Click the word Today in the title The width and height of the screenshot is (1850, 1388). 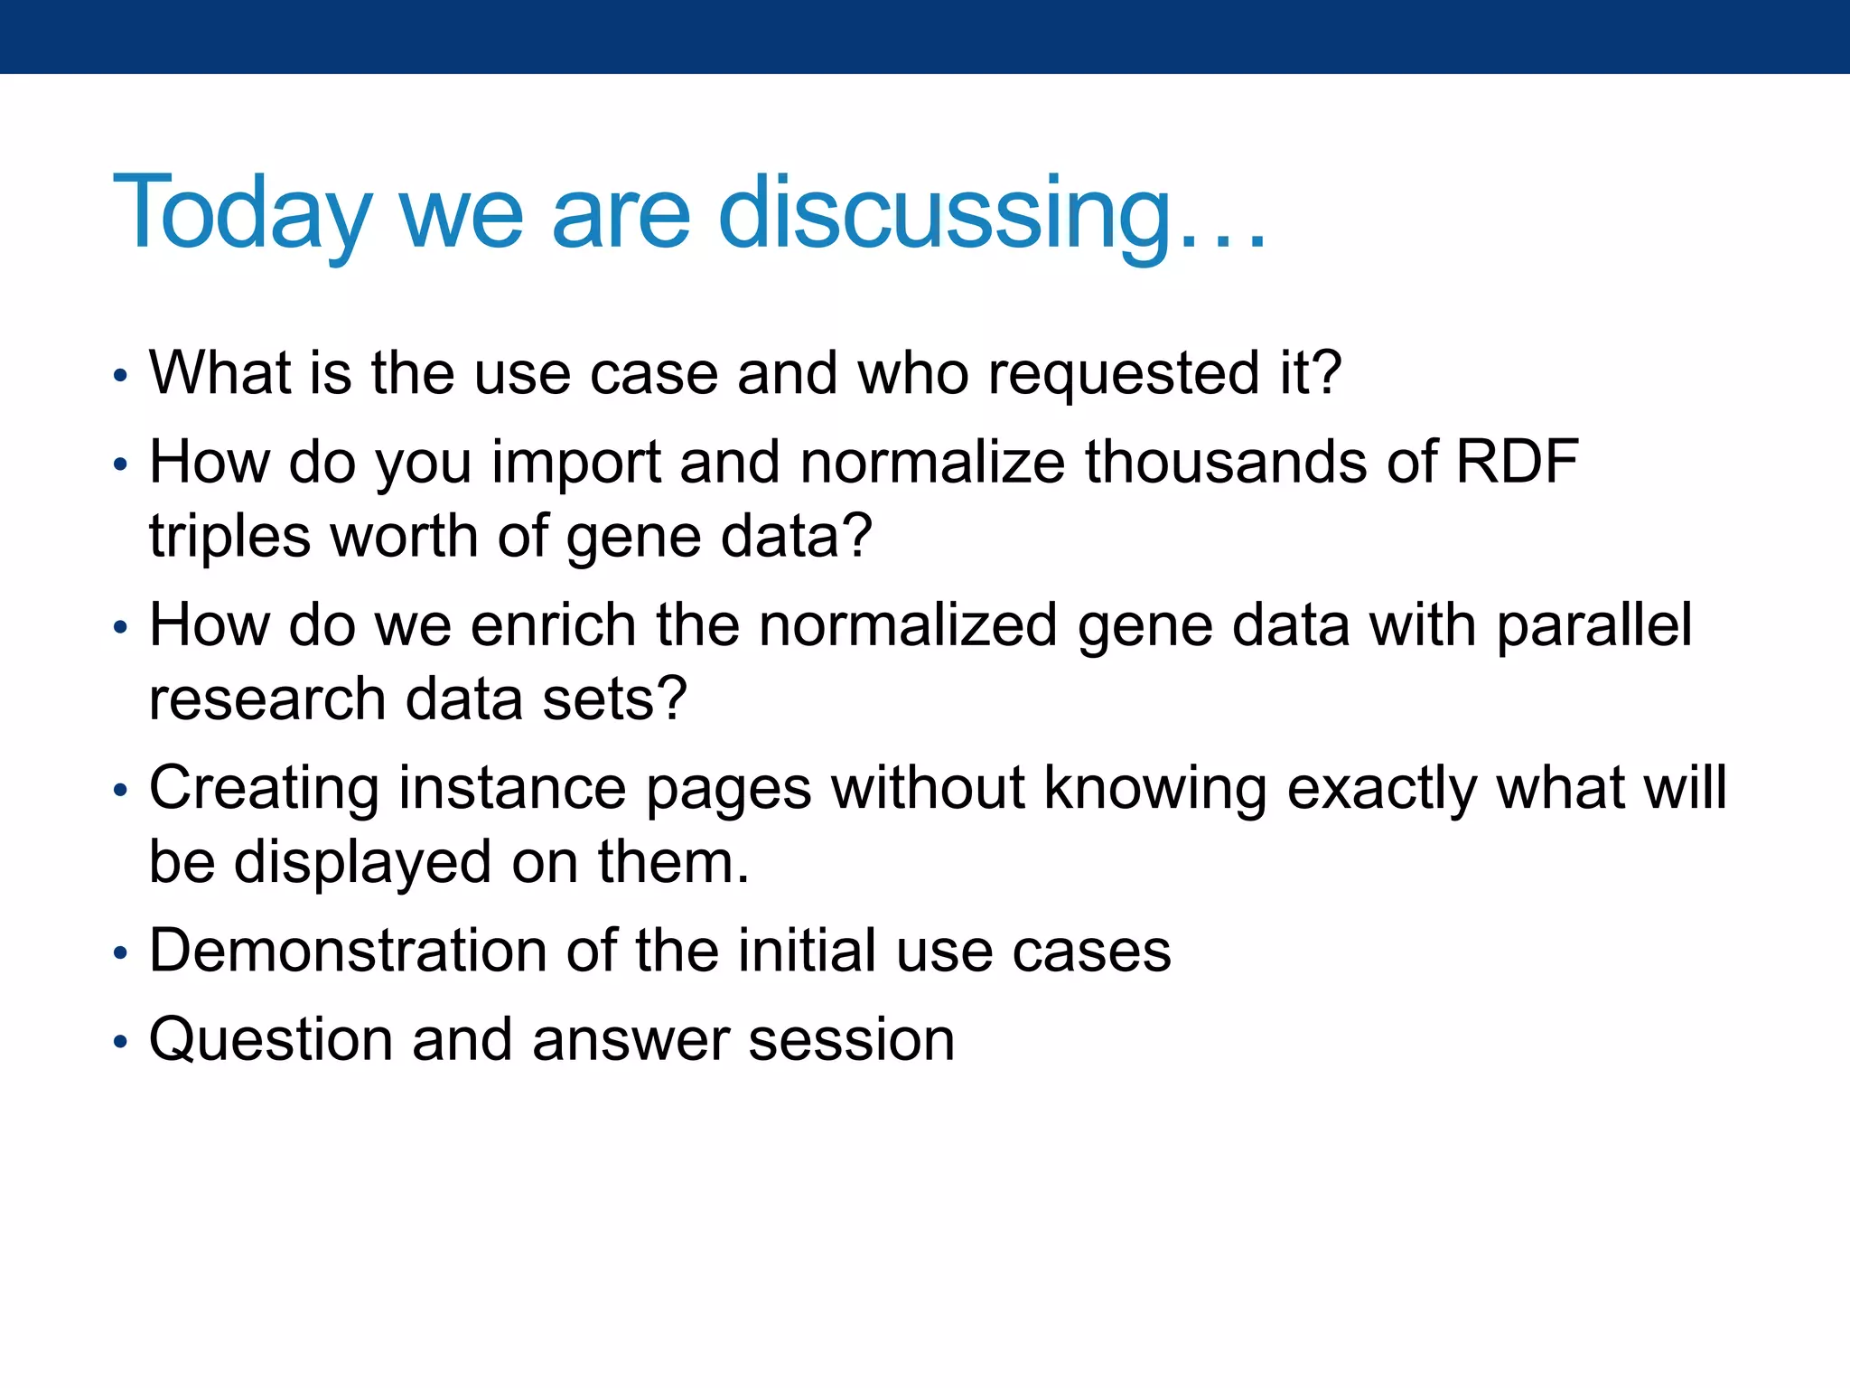242,213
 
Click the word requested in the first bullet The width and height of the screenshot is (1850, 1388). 1124,373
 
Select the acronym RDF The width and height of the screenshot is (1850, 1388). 1518,461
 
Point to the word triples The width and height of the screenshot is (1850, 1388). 230,537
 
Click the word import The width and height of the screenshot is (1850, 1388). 576,463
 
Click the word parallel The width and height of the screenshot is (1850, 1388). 1594,625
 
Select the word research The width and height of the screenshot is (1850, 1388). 268,699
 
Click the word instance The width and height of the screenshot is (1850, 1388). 512,788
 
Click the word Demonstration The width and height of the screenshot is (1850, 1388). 348,951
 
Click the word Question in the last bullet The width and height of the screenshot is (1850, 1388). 271,1039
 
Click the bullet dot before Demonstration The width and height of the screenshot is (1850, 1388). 121,953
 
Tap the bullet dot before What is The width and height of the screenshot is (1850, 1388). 121,376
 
